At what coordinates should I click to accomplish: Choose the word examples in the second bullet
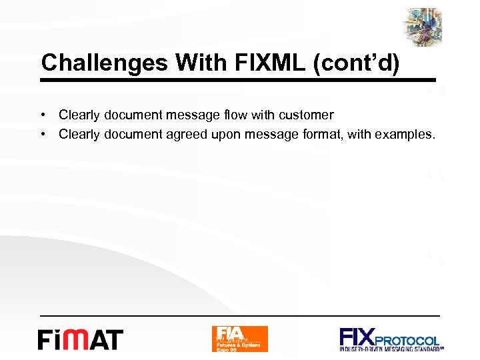click(x=407, y=135)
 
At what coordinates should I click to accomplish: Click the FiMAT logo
click(x=80, y=339)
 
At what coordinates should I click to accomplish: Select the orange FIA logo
click(x=239, y=339)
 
